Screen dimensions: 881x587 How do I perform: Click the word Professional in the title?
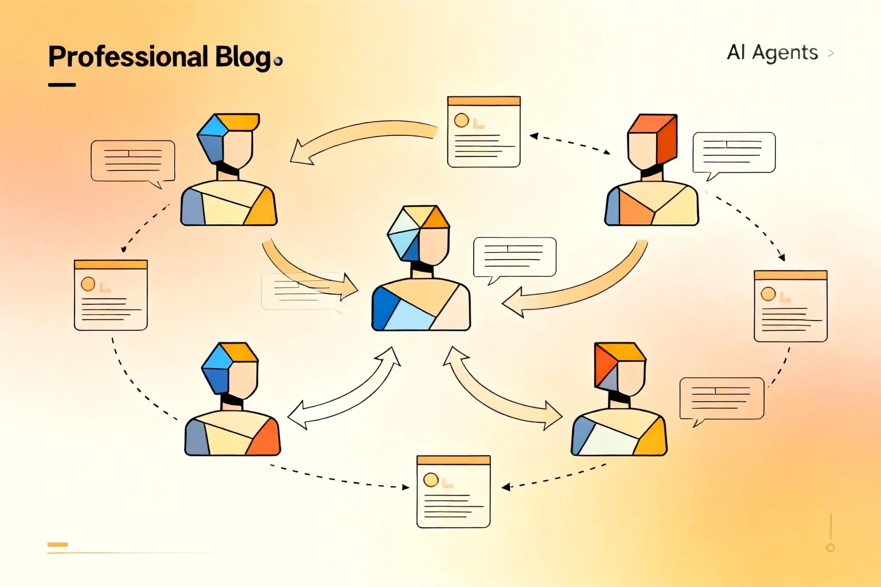(128, 57)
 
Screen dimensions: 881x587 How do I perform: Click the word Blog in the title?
(243, 58)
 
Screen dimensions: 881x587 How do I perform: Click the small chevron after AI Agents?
(831, 53)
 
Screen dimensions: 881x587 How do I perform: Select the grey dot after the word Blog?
(278, 61)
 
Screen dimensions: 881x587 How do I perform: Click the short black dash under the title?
(62, 84)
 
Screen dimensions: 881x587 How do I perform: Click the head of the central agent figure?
(419, 234)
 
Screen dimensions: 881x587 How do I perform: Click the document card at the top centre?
(484, 132)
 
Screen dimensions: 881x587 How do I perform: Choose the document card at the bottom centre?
(454, 491)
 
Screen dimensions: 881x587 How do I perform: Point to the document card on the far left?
(111, 295)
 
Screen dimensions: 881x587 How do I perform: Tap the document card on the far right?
(790, 306)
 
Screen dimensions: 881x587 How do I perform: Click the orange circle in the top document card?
(461, 120)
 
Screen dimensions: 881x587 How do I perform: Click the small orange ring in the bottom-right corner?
(831, 547)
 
